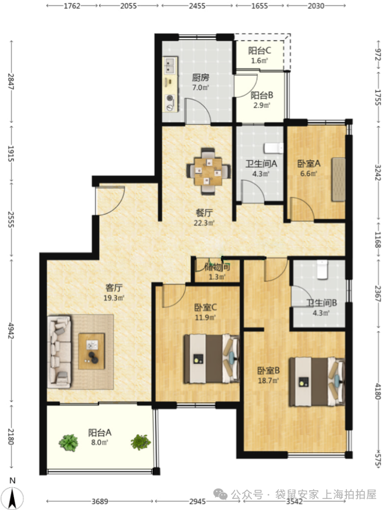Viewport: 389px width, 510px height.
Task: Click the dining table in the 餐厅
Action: click(x=209, y=171)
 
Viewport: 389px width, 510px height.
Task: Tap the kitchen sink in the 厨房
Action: click(x=170, y=65)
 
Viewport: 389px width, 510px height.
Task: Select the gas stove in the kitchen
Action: click(x=170, y=103)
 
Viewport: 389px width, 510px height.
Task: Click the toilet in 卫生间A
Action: click(x=274, y=148)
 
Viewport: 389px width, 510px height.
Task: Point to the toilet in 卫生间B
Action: click(x=323, y=269)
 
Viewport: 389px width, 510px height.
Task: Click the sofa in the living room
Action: click(x=59, y=352)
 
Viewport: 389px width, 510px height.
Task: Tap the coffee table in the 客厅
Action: click(x=92, y=351)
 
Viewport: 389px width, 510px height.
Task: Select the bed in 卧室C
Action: click(x=212, y=358)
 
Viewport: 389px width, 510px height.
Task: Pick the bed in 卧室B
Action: click(x=317, y=382)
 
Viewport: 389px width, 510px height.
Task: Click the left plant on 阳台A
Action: click(x=69, y=442)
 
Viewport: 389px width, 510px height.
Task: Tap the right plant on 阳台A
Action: click(x=141, y=442)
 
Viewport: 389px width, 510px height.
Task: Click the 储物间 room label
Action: click(x=218, y=268)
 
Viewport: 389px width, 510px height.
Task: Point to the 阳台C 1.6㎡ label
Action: click(x=260, y=55)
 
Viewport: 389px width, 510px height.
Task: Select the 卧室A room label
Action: click(x=309, y=163)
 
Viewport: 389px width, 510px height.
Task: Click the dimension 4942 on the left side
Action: click(x=11, y=331)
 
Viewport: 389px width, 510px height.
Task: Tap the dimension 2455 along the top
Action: click(x=197, y=6)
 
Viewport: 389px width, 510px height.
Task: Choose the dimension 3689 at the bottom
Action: click(x=100, y=501)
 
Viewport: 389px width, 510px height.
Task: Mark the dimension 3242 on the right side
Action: click(x=377, y=173)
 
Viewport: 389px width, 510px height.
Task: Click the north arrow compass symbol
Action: click(x=12, y=494)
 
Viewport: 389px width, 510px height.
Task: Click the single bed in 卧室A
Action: click(x=338, y=180)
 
